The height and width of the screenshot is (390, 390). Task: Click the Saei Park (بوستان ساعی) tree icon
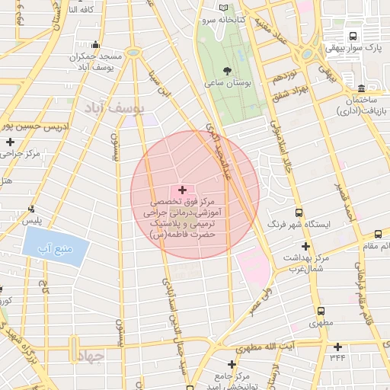pyautogui.click(x=228, y=70)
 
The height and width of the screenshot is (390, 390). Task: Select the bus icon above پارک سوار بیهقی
pyautogui.click(x=352, y=36)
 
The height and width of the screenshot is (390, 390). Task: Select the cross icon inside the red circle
pyautogui.click(x=181, y=189)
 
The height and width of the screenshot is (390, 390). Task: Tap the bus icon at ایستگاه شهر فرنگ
pyautogui.click(x=298, y=213)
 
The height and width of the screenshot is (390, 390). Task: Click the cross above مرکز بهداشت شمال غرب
pyautogui.click(x=305, y=246)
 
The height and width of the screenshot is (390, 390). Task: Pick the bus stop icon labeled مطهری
pyautogui.click(x=320, y=312)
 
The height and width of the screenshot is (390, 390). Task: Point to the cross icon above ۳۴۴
pyautogui.click(x=335, y=344)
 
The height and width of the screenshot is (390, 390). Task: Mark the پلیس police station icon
pyautogui.click(x=31, y=208)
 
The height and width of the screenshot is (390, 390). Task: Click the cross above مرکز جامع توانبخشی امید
pyautogui.click(x=232, y=364)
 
